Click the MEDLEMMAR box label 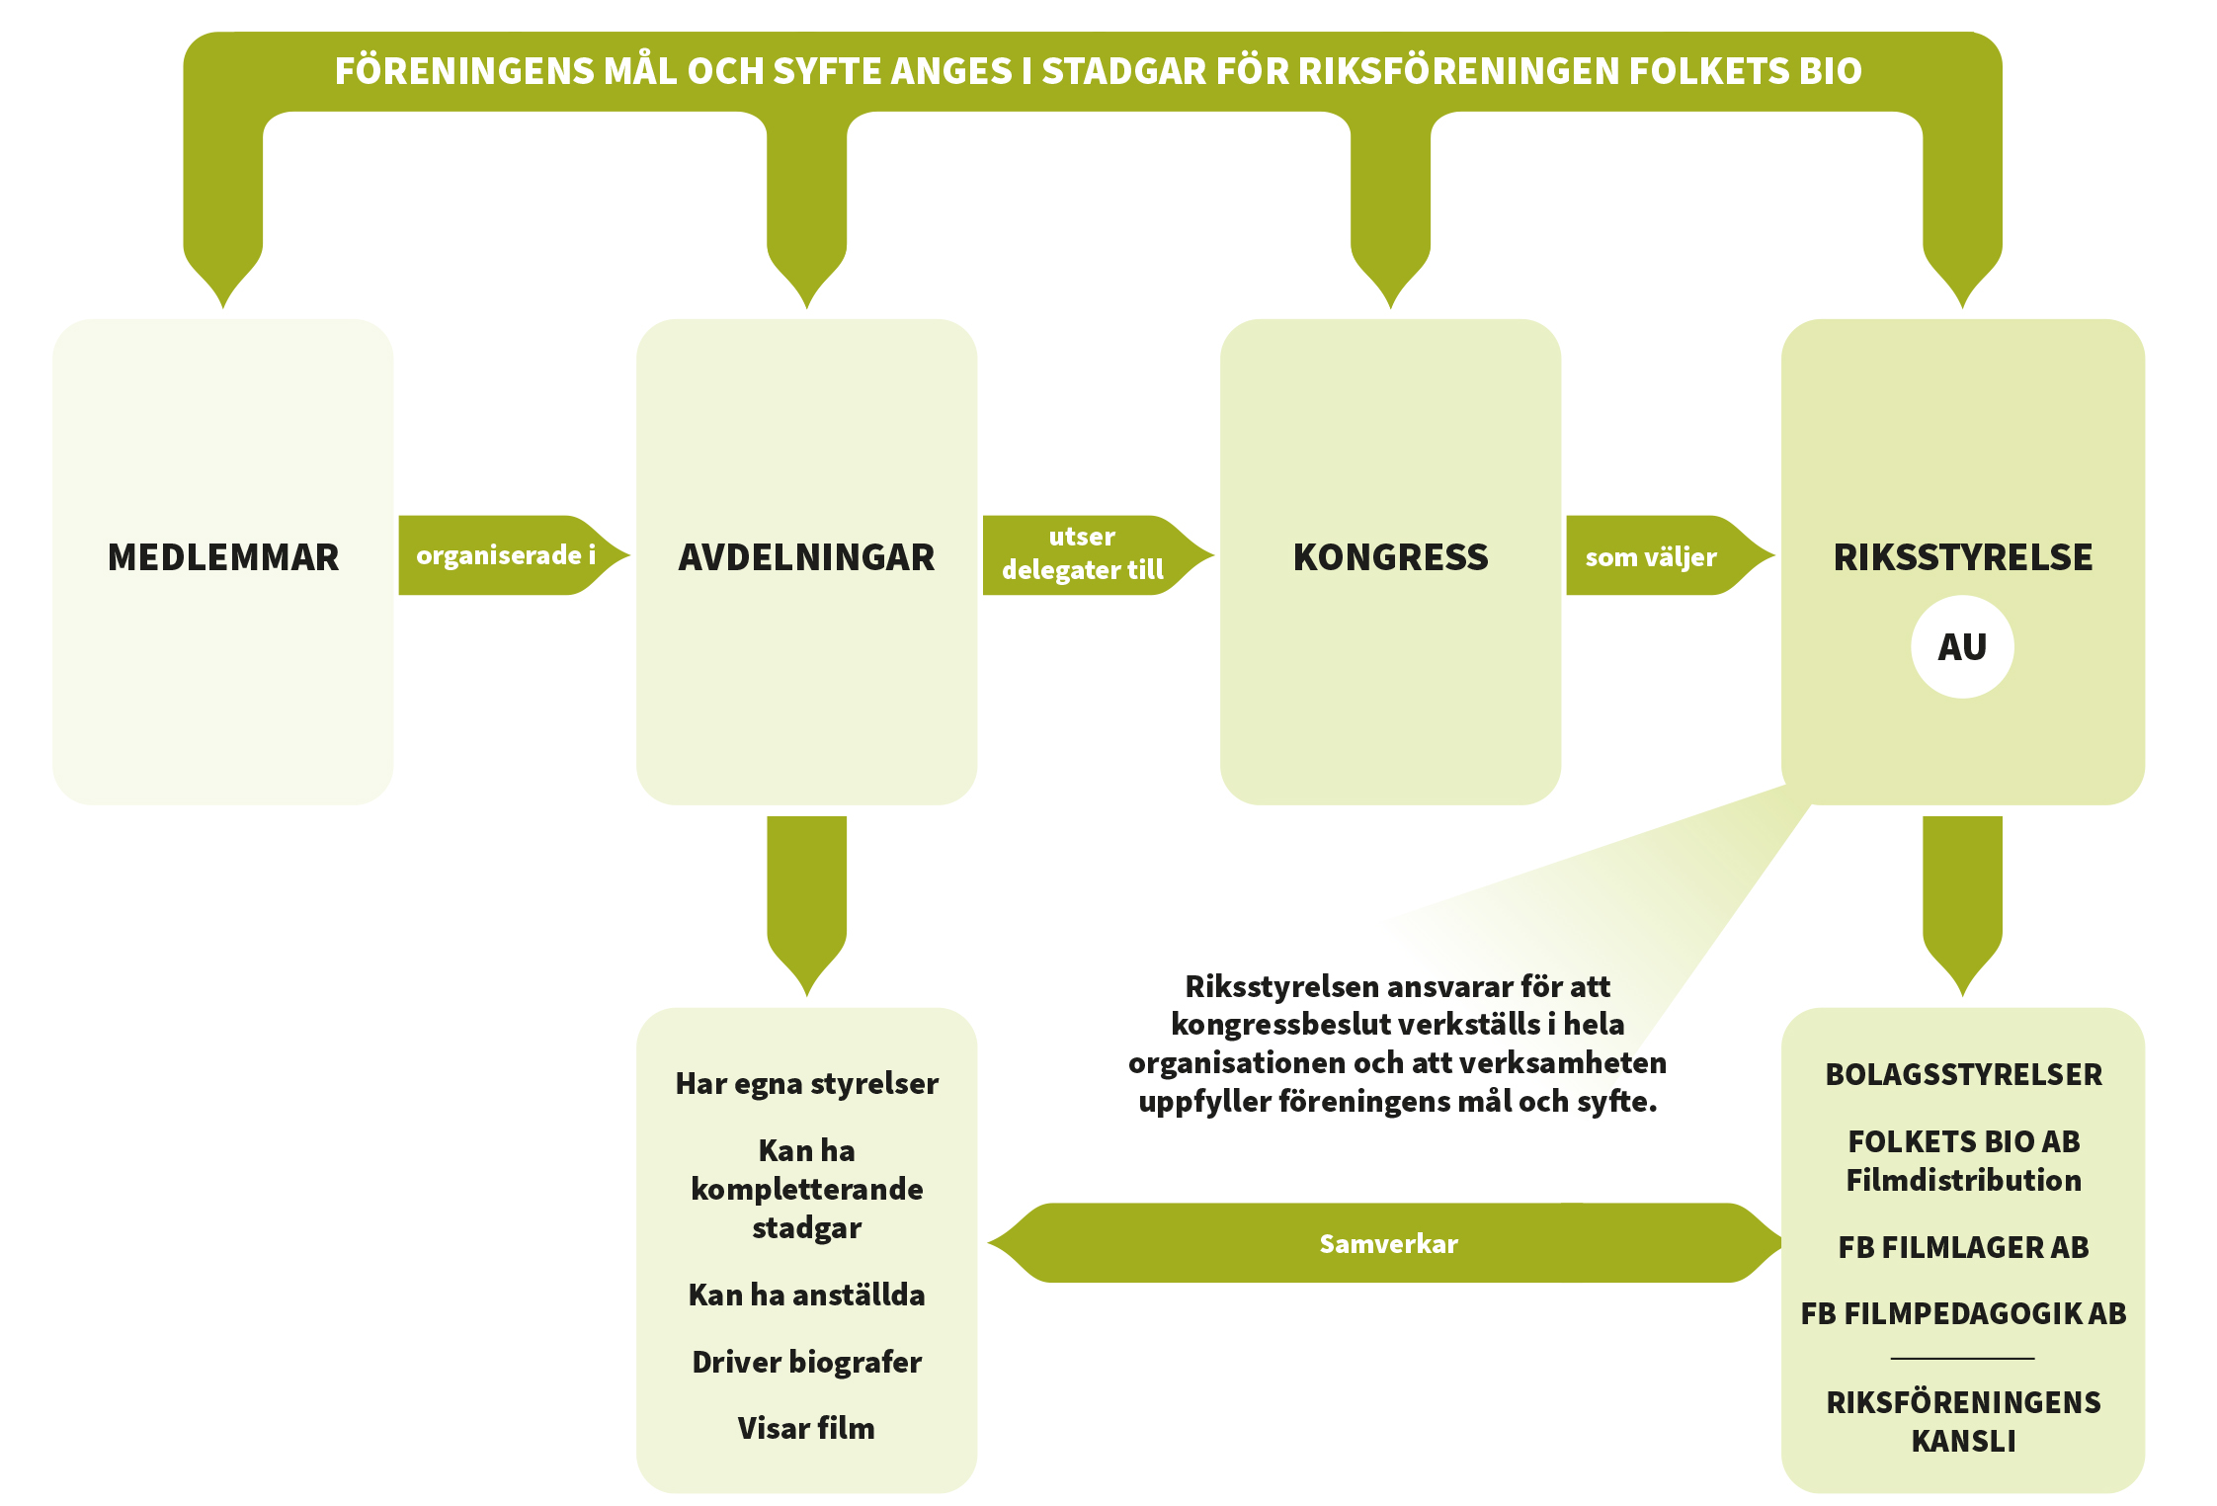223,557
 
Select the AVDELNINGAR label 806,557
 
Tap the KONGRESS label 1390,557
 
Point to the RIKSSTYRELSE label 1962,557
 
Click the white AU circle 1962,647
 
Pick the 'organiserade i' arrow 506,555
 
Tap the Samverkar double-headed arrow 1388,1243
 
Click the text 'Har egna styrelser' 806,1083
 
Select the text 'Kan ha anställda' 806,1295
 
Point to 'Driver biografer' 806,1362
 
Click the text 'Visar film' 806,1428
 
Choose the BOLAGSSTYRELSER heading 1963,1074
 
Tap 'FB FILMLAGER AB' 1963,1247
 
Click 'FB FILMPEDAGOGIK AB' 1963,1313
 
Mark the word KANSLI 1963,1441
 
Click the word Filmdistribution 1963,1180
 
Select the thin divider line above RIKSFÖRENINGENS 1963,1358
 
